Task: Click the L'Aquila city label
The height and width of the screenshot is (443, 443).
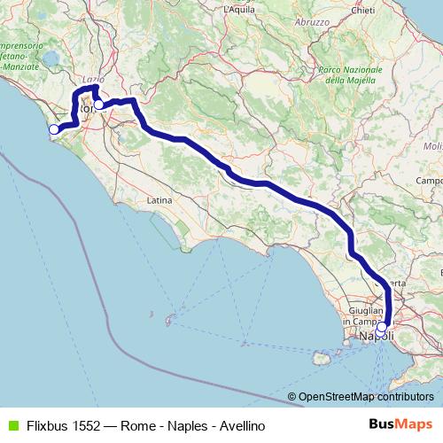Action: pyautogui.click(x=239, y=9)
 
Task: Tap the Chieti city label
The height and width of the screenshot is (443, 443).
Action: pyautogui.click(x=387, y=10)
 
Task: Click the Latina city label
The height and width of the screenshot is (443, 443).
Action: pyautogui.click(x=159, y=200)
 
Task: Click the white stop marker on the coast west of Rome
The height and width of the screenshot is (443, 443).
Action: pyautogui.click(x=54, y=129)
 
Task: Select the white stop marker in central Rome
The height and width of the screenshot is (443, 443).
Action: pyautogui.click(x=99, y=105)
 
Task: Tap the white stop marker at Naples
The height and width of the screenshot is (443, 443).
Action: pyautogui.click(x=382, y=328)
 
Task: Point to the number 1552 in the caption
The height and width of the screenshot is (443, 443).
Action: pyautogui.click(x=89, y=425)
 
